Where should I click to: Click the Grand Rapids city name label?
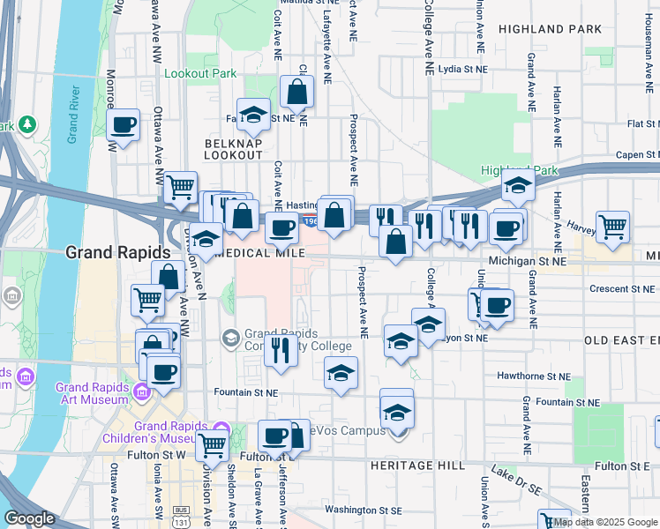[115, 252]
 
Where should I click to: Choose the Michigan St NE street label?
[528, 262]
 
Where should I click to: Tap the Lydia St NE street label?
[462, 68]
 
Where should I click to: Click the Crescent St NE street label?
[623, 288]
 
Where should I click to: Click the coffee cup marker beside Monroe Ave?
[124, 125]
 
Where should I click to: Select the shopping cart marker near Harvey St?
[612, 227]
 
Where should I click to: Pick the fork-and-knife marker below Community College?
[281, 350]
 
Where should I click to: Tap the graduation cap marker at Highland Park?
[518, 186]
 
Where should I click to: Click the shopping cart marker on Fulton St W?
[213, 446]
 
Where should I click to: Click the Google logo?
[29, 518]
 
